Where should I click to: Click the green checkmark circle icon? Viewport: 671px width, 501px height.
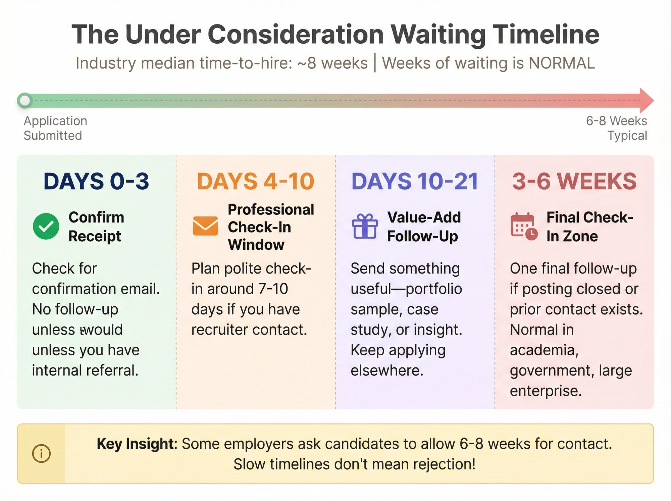coord(46,226)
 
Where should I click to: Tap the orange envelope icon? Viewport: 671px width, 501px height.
coord(205,226)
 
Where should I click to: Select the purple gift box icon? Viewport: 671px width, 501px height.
coord(365,226)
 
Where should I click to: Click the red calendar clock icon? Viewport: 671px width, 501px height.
coord(524,226)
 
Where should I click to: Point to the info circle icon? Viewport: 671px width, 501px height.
coord(41,454)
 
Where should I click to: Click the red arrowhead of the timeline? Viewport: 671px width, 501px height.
coord(646,100)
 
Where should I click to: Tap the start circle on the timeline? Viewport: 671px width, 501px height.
coord(25,100)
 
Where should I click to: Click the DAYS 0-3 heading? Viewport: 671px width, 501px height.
coord(96,181)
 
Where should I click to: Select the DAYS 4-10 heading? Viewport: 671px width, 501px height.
coord(255,181)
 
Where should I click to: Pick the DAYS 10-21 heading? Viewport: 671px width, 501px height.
coord(415,181)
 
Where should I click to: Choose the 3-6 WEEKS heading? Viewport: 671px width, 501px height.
coord(574,181)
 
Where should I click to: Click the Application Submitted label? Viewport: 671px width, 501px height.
coord(55,128)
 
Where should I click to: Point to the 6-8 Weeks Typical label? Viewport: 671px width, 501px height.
coord(617,128)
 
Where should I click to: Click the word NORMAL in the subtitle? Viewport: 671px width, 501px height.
coord(561,63)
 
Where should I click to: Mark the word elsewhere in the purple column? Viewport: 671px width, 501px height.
coord(387,370)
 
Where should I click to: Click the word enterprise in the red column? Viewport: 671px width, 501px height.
coord(546,391)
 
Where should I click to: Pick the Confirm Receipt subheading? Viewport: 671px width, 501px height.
coord(96,227)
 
